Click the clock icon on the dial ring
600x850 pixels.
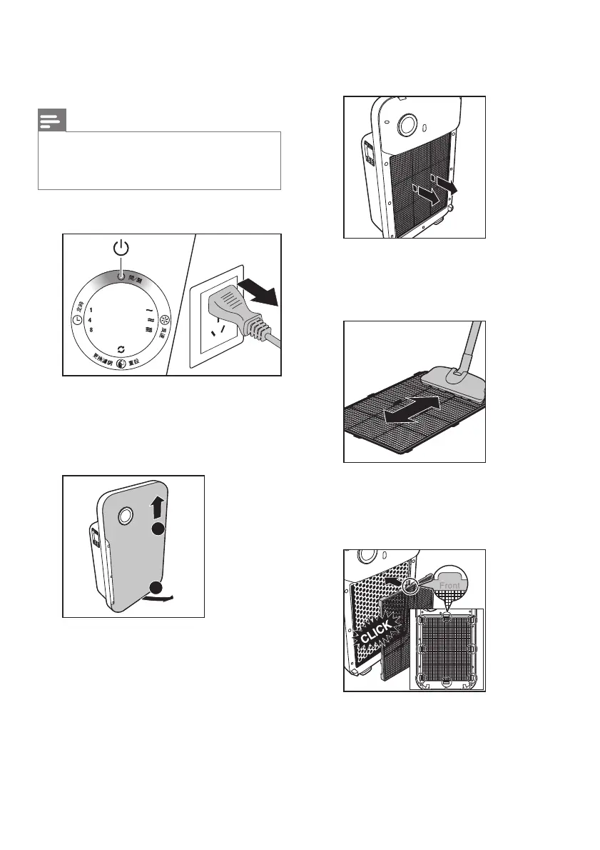click(x=77, y=321)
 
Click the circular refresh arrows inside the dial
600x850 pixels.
click(x=121, y=347)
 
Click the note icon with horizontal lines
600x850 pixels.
click(x=51, y=121)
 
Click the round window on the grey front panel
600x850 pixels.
click(x=124, y=515)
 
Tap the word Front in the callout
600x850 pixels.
click(x=451, y=585)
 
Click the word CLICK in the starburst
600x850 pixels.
click(x=376, y=632)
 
